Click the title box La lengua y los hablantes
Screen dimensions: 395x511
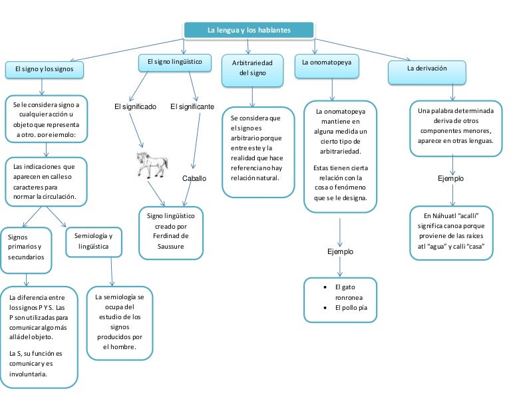click(248, 31)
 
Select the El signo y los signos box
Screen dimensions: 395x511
click(45, 69)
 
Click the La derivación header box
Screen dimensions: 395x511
click(426, 69)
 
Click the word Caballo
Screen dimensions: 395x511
click(194, 178)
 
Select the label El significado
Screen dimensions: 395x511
click(135, 106)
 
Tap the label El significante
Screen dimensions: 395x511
click(192, 106)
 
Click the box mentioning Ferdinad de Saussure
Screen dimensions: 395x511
click(171, 233)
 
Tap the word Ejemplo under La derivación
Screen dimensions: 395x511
click(450, 178)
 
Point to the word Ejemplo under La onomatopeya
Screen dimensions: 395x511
click(340, 251)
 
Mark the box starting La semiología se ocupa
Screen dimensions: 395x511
click(119, 322)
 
